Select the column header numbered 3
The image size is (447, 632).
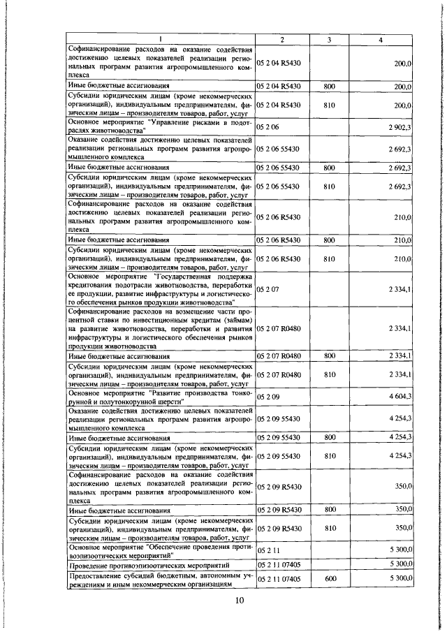[328, 39]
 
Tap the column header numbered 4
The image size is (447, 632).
[380, 39]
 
